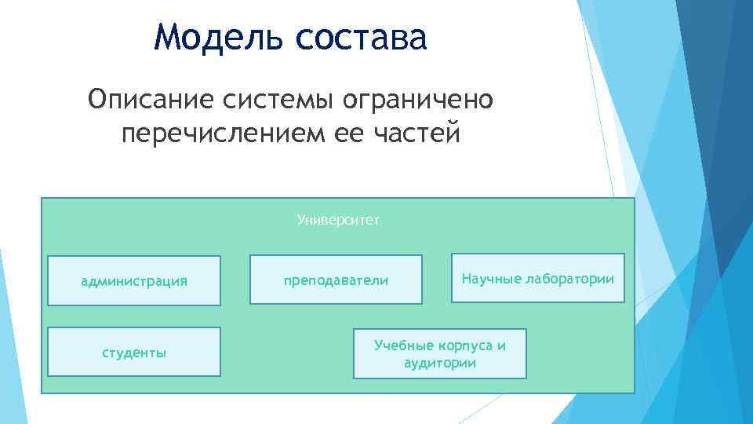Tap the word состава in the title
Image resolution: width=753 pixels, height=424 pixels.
[x=362, y=37]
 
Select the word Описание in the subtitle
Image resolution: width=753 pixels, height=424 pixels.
[x=152, y=100]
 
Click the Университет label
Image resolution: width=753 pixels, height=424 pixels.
[x=338, y=220]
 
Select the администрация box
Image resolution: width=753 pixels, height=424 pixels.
[x=134, y=280]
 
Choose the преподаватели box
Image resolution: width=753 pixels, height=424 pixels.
[x=336, y=280]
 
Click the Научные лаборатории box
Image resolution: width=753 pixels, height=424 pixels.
[x=538, y=278]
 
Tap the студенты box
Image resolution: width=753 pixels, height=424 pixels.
[x=134, y=352]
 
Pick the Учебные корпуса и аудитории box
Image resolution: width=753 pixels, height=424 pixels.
[x=440, y=353]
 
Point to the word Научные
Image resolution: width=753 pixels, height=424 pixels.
[x=486, y=278]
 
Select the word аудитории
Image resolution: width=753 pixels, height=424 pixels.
[x=440, y=363]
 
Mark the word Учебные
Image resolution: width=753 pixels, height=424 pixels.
[x=402, y=345]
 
